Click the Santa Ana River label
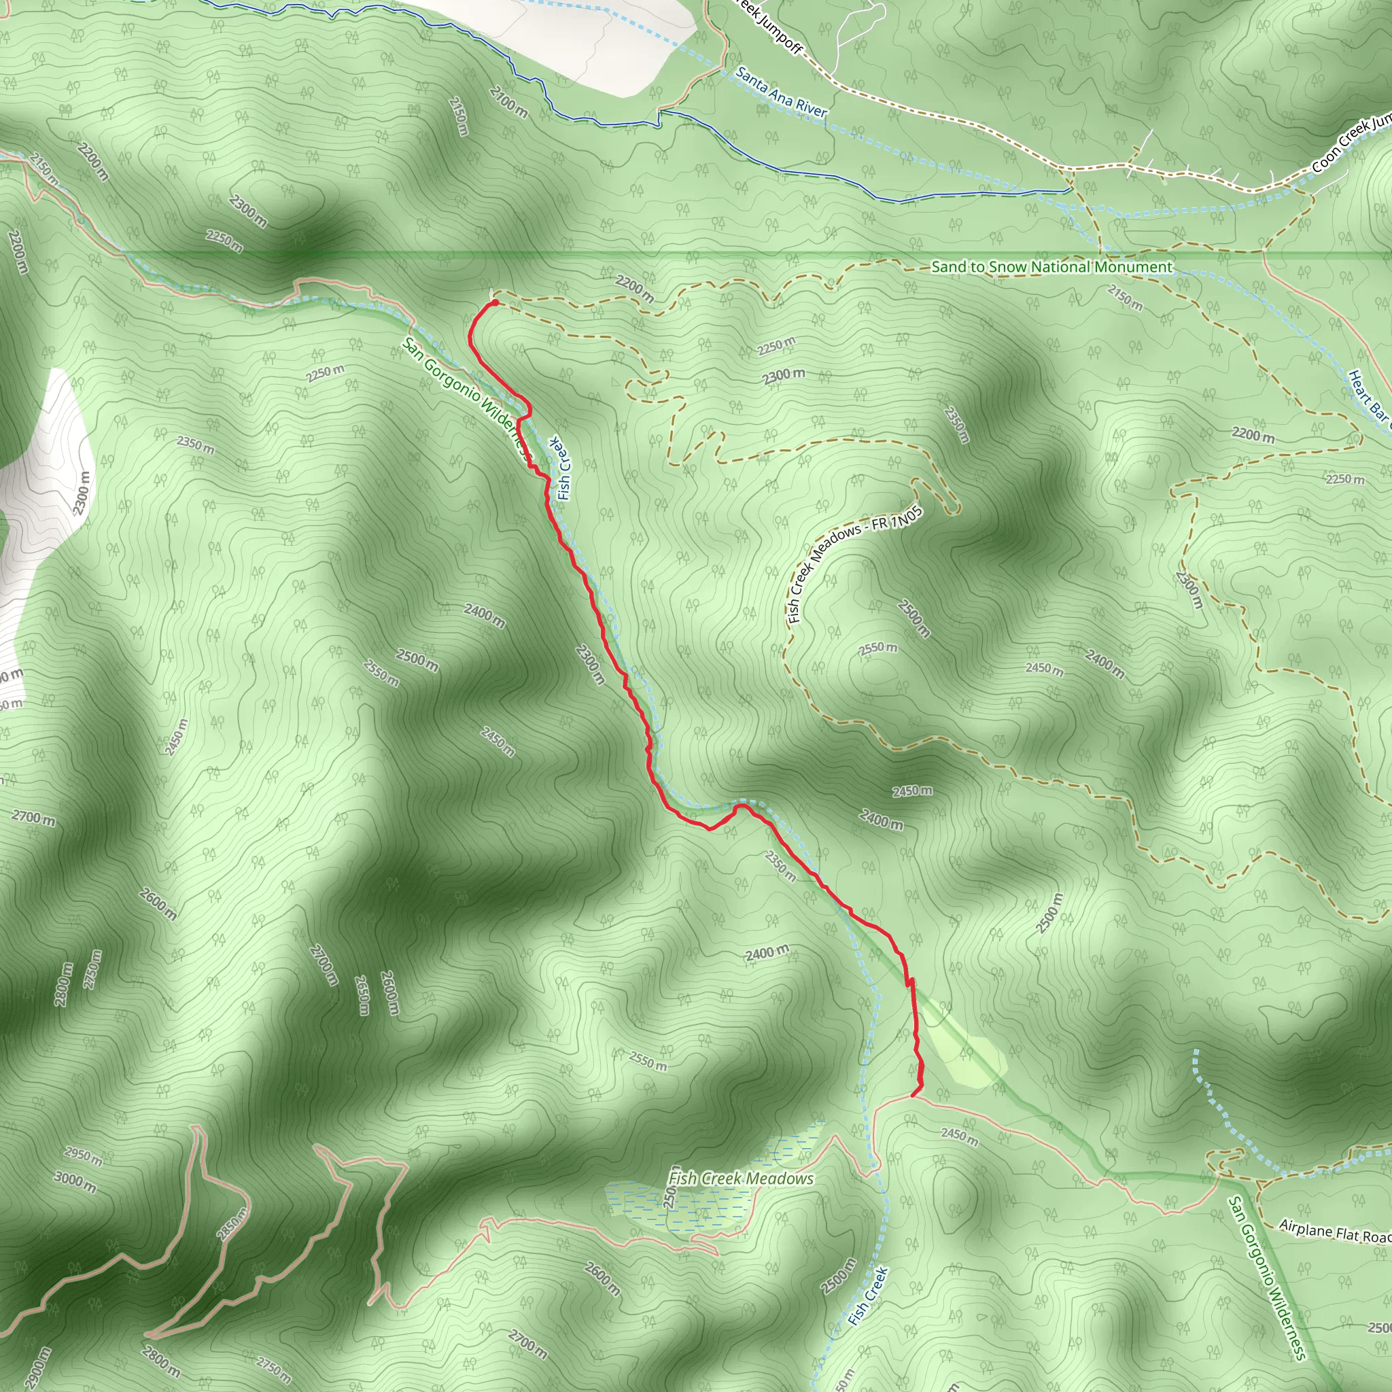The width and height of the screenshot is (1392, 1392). click(x=781, y=92)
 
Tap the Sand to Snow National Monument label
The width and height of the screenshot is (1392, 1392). click(x=1052, y=267)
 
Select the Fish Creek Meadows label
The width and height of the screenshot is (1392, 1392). click(x=741, y=1179)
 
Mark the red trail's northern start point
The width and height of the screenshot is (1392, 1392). click(x=495, y=302)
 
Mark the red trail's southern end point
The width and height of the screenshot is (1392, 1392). click(x=913, y=1096)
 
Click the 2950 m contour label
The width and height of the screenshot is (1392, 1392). click(x=84, y=1155)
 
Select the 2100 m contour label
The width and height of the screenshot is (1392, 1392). click(x=508, y=103)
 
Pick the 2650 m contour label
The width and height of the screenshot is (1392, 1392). click(x=363, y=995)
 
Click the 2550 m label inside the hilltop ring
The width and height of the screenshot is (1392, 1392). click(x=877, y=648)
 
